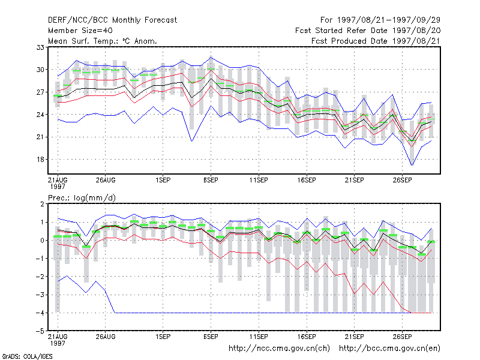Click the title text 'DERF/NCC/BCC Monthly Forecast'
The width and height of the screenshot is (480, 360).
(112, 20)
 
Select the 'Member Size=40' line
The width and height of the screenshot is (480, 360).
(80, 31)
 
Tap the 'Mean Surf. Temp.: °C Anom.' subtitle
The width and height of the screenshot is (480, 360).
(103, 41)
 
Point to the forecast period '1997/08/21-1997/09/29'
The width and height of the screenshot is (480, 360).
(388, 20)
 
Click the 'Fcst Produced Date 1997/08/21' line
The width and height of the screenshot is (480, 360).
(376, 41)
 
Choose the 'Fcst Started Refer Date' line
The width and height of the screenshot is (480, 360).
(368, 31)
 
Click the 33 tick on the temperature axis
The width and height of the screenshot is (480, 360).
(40, 47)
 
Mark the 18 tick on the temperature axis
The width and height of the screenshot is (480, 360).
(40, 160)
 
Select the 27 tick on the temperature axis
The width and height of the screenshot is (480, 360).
(40, 92)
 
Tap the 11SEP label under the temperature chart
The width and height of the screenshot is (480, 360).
(259, 180)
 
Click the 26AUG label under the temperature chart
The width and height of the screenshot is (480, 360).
(106, 180)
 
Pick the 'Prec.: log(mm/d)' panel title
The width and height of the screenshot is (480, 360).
(82, 198)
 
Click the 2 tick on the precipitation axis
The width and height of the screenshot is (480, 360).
(42, 204)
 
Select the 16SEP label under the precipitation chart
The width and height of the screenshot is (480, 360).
(307, 337)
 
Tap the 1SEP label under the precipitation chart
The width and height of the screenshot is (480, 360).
(163, 337)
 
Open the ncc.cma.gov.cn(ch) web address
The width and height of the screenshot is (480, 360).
(279, 349)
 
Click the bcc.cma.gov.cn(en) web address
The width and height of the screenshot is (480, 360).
(389, 349)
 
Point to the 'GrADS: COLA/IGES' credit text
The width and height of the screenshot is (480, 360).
(27, 356)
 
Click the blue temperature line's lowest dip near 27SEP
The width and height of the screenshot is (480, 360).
(412, 166)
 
